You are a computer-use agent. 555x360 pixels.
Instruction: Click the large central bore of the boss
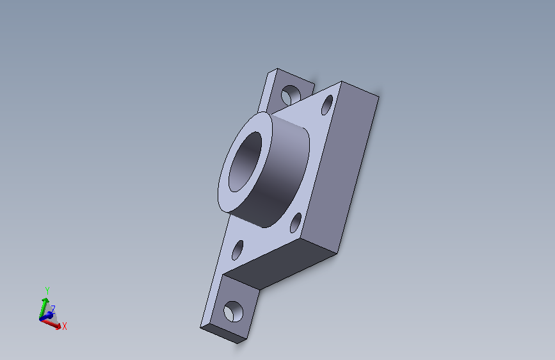[245, 162]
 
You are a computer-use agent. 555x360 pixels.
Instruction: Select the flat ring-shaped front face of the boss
[224, 184]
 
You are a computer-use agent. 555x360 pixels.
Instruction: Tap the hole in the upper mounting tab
[291, 95]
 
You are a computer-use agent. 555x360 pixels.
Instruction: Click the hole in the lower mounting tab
[233, 311]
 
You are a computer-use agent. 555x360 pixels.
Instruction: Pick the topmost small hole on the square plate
[327, 105]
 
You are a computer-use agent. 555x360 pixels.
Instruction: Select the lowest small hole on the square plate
[237, 250]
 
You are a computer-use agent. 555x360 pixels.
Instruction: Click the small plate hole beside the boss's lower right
[296, 223]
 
